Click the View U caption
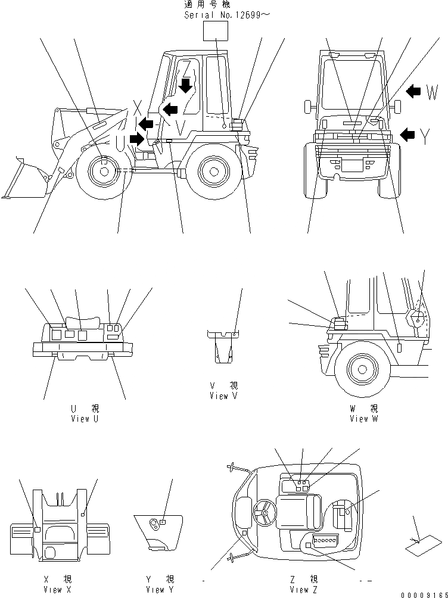point(85,413)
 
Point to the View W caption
point(363,413)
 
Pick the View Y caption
point(159,584)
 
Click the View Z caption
point(304,584)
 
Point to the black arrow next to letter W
point(413,91)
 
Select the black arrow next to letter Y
point(408,135)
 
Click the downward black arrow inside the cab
point(186,85)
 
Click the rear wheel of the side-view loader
point(211,171)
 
